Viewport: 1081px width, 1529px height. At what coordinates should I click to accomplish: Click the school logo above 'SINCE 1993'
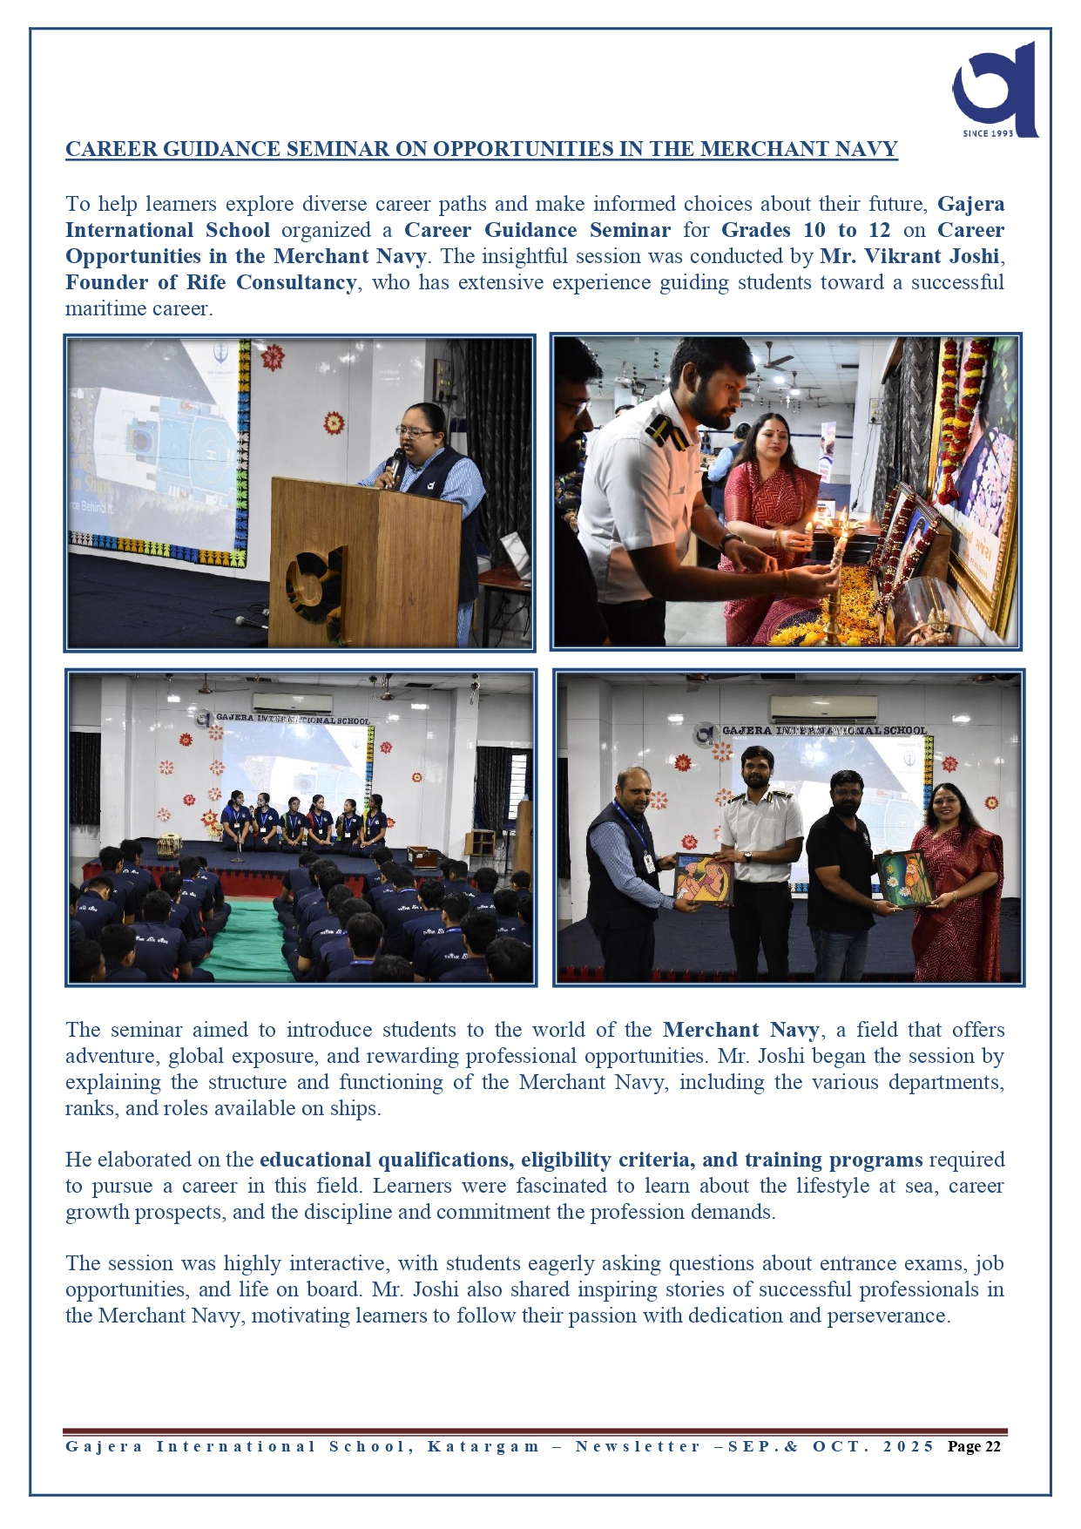point(996,87)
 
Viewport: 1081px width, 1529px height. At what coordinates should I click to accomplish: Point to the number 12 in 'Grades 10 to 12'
point(879,230)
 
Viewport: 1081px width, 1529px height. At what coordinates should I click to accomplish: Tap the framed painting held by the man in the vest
point(702,877)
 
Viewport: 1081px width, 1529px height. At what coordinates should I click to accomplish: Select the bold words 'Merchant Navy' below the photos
point(740,1030)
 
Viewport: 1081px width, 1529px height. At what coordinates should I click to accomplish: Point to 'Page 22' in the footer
point(974,1447)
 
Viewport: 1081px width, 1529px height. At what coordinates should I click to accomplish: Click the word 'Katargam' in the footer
point(483,1447)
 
